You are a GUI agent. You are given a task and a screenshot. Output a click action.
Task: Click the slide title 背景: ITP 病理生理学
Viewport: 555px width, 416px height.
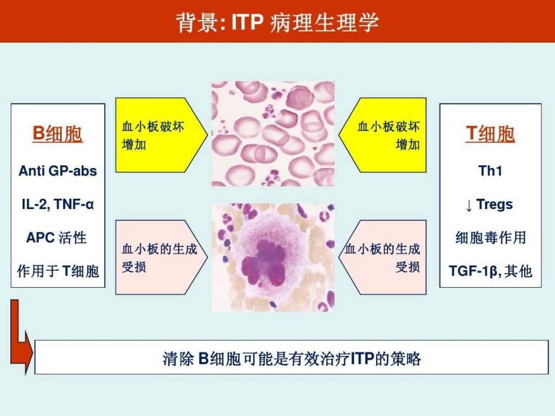pyautogui.click(x=277, y=22)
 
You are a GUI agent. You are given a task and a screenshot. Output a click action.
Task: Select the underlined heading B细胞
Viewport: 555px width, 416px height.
pyautogui.click(x=57, y=134)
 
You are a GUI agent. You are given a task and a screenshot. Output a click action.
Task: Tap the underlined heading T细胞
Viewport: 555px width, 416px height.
pyautogui.click(x=490, y=134)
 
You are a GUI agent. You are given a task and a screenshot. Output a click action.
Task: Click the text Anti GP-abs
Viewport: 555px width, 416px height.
pyautogui.click(x=57, y=171)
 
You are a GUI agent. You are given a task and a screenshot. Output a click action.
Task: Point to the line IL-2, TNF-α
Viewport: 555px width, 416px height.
pyautogui.click(x=57, y=204)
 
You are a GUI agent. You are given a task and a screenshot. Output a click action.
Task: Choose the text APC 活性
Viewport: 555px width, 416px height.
pyautogui.click(x=56, y=237)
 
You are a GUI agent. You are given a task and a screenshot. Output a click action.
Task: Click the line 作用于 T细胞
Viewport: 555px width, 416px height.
pyautogui.click(x=57, y=271)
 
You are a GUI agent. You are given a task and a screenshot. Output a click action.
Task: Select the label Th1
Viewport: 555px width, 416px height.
pyautogui.click(x=490, y=171)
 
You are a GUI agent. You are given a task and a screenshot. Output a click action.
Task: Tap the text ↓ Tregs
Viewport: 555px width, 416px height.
pyautogui.click(x=490, y=205)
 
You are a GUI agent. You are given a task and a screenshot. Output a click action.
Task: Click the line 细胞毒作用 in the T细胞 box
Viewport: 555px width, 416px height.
pyautogui.click(x=491, y=237)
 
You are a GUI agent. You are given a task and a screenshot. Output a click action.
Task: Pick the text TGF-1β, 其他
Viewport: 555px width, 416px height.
pyautogui.click(x=491, y=271)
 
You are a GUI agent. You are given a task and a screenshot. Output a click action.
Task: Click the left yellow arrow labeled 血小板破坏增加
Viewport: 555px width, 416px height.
pyautogui.click(x=162, y=135)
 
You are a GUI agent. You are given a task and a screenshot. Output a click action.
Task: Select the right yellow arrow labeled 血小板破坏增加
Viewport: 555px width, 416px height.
pyautogui.click(x=382, y=135)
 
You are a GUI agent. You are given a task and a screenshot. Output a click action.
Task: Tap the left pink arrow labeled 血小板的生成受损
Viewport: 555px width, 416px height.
pyautogui.click(x=162, y=257)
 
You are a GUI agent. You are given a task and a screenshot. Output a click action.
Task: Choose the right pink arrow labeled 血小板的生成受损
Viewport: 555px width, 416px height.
pyautogui.click(x=382, y=257)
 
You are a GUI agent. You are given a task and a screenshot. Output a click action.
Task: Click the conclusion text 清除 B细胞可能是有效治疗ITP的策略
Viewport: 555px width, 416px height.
pyautogui.click(x=292, y=359)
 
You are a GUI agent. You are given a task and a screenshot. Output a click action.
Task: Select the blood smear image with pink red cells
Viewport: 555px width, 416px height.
pyautogui.click(x=273, y=134)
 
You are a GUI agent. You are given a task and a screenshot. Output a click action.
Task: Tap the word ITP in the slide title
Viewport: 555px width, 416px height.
pyautogui.click(x=247, y=22)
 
